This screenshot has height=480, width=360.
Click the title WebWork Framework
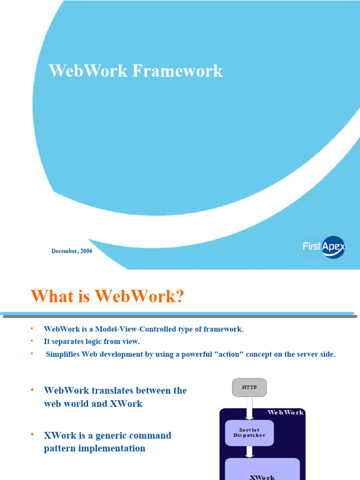136,71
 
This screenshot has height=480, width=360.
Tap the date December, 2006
72,251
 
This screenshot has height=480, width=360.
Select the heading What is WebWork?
107,296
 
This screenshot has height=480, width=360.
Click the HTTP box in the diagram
249,387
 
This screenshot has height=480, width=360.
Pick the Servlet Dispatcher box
249,433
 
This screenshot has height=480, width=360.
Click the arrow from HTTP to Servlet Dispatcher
249,406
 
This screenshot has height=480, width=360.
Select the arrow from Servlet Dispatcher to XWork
249,451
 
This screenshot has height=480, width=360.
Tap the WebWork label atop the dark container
285,412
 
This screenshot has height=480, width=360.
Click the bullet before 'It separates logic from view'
32,341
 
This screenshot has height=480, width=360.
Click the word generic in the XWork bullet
112,435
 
